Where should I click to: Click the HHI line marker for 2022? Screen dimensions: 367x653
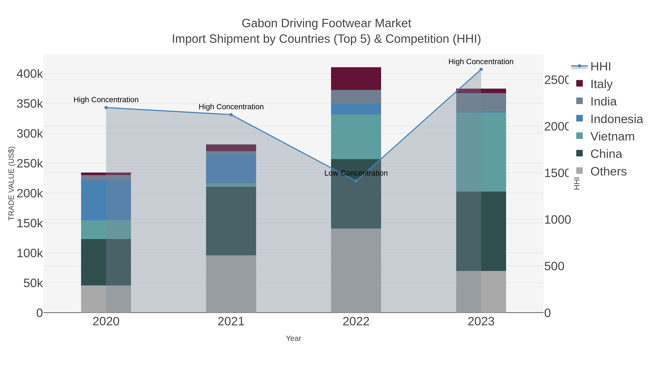tap(356, 181)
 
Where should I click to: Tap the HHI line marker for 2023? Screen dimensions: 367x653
tap(481, 69)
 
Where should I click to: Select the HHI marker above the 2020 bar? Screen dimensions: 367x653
tap(106, 108)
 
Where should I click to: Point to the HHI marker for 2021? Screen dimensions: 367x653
tap(231, 115)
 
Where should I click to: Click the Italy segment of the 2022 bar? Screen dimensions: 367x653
tap(356, 78)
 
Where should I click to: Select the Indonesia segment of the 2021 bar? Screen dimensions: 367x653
tap(231, 168)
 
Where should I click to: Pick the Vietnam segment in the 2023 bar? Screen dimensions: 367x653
tap(481, 152)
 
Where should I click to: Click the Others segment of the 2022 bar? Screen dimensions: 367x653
tap(356, 271)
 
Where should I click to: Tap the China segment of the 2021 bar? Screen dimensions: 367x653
tap(231, 221)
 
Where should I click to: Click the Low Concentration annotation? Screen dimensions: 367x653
tap(356, 173)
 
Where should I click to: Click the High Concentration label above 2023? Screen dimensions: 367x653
tap(481, 62)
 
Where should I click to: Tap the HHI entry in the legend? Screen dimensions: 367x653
tap(600, 67)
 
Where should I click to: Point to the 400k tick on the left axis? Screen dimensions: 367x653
tap(30, 74)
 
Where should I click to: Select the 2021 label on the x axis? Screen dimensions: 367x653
tap(231, 322)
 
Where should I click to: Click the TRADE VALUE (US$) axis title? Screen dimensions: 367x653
tap(11, 183)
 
